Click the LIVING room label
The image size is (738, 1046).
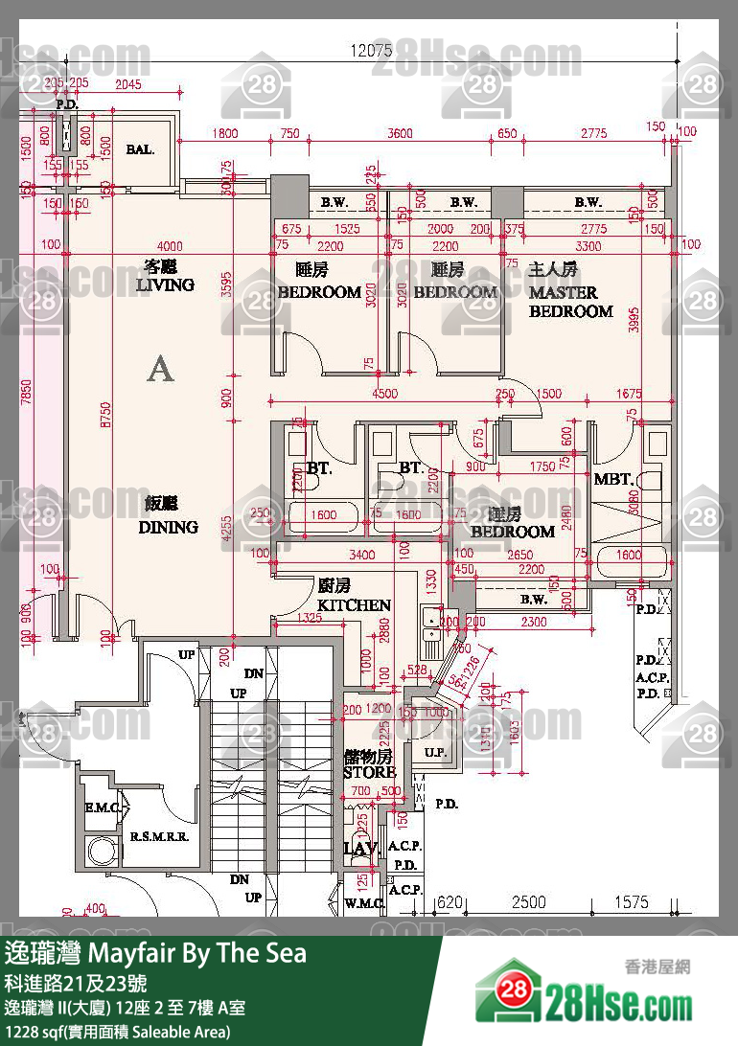165,284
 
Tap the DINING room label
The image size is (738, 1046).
168,526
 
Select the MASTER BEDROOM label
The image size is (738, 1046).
570,302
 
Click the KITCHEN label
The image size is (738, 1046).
354,604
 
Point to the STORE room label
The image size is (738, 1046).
369,771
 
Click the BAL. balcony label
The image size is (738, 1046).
140,150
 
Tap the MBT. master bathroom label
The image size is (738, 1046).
612,479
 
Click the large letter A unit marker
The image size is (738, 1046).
160,369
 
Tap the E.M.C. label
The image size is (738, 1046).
100,809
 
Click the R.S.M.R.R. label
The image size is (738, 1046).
158,836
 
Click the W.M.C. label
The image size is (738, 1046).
364,903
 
